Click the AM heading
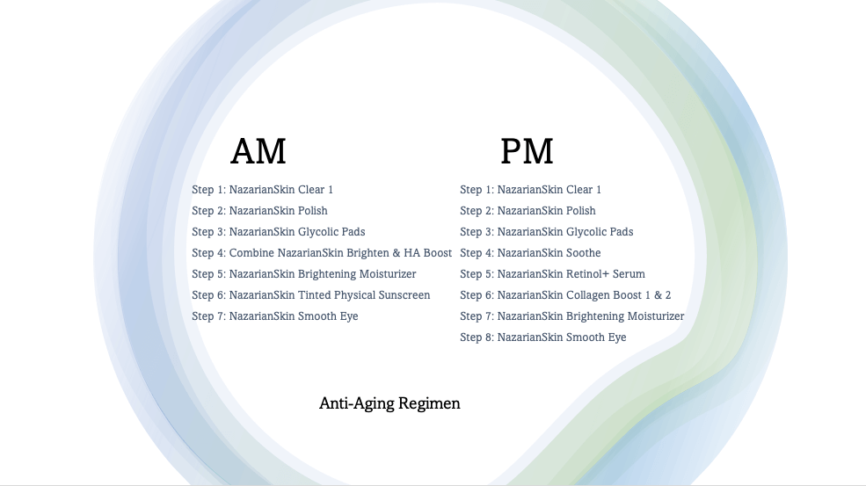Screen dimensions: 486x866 (x=258, y=151)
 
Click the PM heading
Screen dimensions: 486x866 (x=527, y=151)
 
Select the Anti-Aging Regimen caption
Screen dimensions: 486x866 (x=389, y=403)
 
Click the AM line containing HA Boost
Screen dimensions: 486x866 (x=322, y=253)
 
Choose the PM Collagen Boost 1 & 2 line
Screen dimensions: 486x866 (x=565, y=295)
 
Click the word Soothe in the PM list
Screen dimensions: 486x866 (x=584, y=253)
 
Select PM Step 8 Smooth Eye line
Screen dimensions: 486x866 (x=543, y=337)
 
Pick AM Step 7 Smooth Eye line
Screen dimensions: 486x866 (x=275, y=316)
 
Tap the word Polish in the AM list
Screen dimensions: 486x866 (x=312, y=211)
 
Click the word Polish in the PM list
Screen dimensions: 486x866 (x=580, y=211)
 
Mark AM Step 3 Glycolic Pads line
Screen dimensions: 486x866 (x=279, y=232)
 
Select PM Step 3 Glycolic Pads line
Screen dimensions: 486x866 (x=547, y=232)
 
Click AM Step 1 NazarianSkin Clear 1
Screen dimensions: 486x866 (x=263, y=190)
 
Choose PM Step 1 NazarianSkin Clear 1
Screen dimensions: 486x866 (x=531, y=190)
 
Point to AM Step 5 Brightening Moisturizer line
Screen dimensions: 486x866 (x=304, y=274)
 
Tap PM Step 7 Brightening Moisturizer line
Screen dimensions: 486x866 (x=572, y=316)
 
